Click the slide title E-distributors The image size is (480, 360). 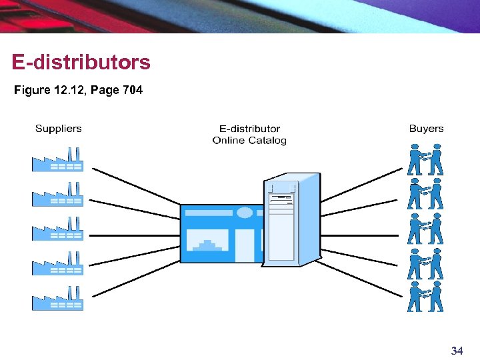81,63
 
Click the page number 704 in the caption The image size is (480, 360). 133,90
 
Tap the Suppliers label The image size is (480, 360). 59,129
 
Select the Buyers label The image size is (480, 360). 426,129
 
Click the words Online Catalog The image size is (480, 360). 249,140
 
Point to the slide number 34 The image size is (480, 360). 457,351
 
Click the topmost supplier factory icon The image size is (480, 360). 57,160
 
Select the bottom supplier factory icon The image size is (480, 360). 57,299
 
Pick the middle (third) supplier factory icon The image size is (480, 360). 57,229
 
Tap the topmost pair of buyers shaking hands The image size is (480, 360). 425,161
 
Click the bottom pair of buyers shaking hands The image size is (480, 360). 425,297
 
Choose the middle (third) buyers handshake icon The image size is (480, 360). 425,229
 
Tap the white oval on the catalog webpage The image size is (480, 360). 245,213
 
